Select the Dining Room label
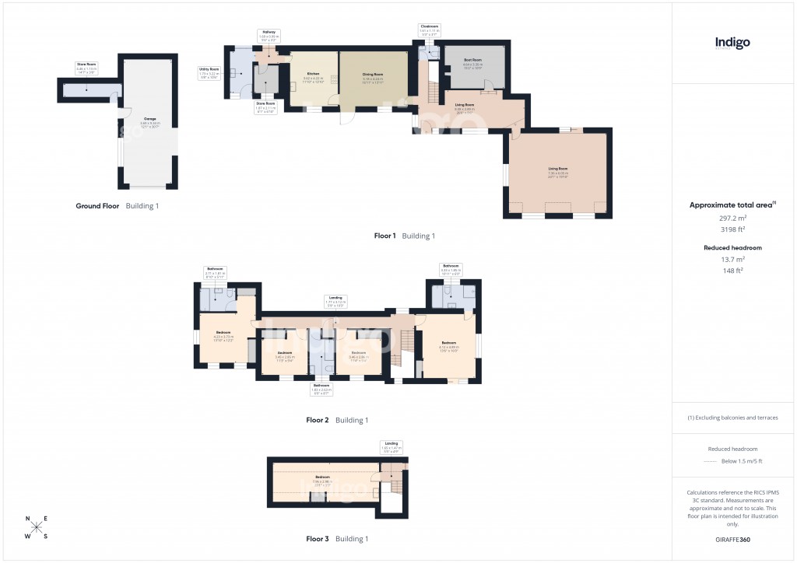point(373,75)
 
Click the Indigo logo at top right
point(732,44)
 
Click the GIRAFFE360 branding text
point(732,539)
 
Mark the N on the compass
point(28,519)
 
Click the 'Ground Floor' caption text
point(97,206)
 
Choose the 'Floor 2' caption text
point(318,420)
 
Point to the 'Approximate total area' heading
point(732,205)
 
